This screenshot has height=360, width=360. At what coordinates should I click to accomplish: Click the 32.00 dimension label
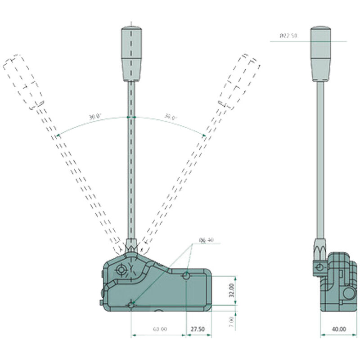(x=231, y=290)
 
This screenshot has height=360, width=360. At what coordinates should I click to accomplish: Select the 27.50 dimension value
(x=198, y=329)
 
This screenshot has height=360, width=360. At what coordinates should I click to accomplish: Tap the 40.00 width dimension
(x=339, y=329)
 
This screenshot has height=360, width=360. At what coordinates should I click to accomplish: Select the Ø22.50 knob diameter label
(x=288, y=36)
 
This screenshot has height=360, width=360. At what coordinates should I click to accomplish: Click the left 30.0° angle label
(x=94, y=117)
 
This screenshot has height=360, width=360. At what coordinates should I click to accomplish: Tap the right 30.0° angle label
(x=170, y=117)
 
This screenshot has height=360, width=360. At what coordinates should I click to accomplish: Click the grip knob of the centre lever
(x=131, y=53)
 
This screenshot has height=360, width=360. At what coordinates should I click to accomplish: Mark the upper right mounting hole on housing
(x=186, y=275)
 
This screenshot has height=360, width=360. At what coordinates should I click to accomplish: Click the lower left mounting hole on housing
(x=131, y=306)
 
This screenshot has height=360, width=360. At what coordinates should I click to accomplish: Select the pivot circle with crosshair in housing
(x=121, y=270)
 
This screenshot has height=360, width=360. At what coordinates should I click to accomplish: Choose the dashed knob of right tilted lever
(x=238, y=81)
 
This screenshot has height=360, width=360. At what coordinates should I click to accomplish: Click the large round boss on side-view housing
(x=348, y=294)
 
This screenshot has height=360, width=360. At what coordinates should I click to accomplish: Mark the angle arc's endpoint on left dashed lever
(x=58, y=135)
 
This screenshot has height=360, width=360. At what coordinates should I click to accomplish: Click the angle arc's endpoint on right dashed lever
(x=205, y=135)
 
